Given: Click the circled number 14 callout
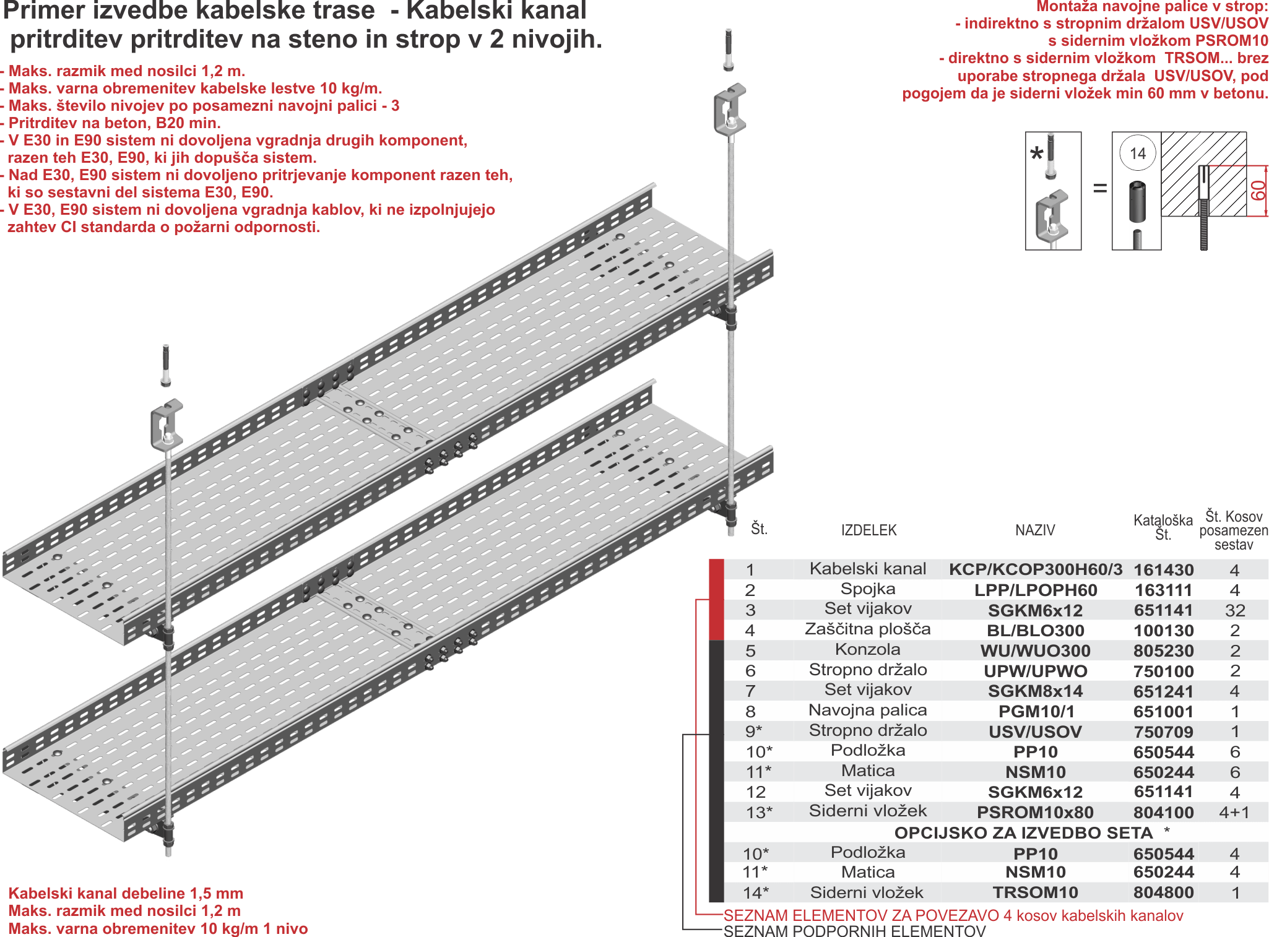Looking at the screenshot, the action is point(1138,153).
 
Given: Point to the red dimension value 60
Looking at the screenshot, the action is point(1258,191).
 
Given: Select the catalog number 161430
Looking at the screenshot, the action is point(1163,569).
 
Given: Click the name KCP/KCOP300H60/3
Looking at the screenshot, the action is point(1036,569).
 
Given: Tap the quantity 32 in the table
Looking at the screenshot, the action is point(1235,610).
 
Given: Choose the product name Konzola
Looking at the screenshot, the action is point(868,649).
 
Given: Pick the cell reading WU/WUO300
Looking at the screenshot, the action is point(1036,651).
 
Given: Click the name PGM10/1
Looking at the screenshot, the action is point(1036,712).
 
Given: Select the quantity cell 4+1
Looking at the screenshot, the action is point(1234,812).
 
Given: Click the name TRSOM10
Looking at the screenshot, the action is point(1036,892).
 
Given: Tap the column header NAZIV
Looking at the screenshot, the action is point(1035,530).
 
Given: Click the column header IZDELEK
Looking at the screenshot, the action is point(868,530).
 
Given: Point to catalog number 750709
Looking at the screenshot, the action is point(1163,732).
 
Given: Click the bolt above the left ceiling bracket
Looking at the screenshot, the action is point(165,365).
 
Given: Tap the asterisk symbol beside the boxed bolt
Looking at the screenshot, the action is point(1036,153).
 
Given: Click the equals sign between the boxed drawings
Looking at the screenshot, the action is point(1099,188).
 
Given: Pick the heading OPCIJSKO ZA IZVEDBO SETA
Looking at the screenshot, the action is point(1023,833).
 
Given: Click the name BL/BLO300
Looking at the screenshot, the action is point(1036,631).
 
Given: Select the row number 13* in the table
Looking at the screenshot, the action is point(759,812).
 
